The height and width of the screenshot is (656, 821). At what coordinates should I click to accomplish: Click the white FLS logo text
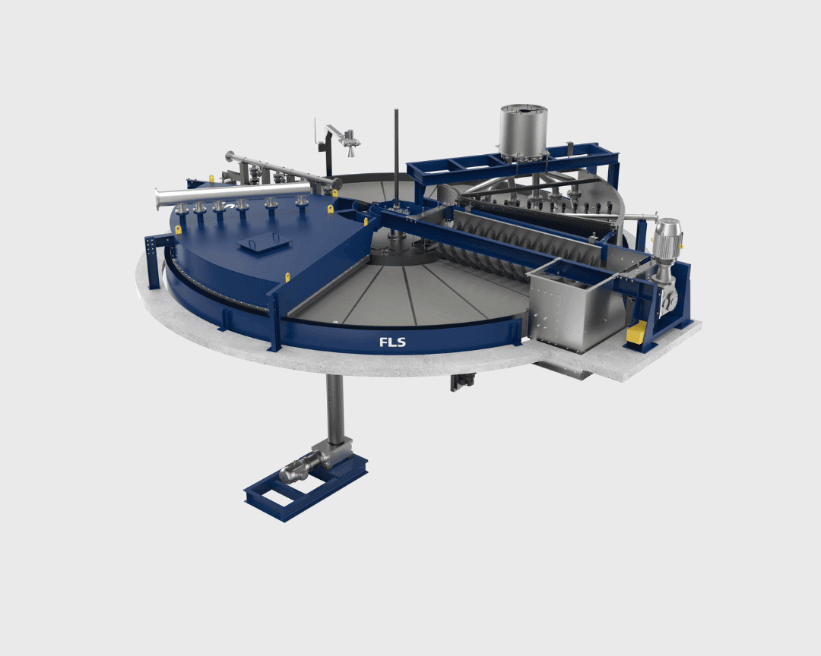point(392,342)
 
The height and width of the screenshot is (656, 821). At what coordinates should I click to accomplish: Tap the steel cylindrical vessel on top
point(523,129)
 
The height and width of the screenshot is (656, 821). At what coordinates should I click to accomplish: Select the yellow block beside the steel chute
point(636,333)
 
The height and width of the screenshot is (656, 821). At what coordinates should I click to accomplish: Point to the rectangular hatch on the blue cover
point(264,244)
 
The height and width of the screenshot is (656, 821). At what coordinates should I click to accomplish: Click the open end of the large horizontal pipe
point(157,200)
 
